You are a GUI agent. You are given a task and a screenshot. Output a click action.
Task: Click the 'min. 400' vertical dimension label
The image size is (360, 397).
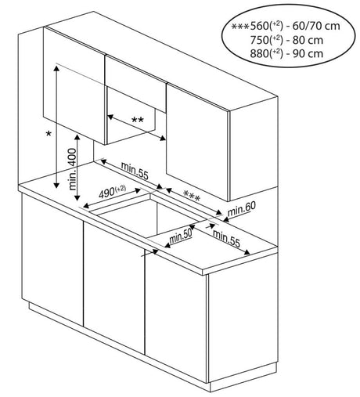click(x=73, y=169)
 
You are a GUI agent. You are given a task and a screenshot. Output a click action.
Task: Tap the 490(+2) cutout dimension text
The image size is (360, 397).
click(x=112, y=192)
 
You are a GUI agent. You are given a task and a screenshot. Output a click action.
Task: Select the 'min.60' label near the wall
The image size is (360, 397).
click(x=242, y=208)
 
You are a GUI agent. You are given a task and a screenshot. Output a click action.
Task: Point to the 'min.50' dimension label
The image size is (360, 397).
click(x=181, y=236)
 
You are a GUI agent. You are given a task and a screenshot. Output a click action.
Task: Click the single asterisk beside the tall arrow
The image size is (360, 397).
click(x=49, y=134)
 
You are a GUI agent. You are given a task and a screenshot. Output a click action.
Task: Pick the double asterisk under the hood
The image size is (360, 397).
click(x=138, y=121)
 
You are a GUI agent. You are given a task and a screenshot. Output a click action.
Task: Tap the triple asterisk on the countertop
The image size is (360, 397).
click(x=192, y=195)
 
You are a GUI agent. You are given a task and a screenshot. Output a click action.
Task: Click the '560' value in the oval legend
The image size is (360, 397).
click(x=259, y=26)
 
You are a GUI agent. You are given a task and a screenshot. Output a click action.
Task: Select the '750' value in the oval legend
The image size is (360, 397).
click(x=259, y=40)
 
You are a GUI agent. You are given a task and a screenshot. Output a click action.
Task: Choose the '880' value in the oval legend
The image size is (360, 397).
click(x=259, y=54)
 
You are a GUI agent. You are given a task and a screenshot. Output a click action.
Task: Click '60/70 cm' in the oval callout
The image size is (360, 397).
click(x=316, y=26)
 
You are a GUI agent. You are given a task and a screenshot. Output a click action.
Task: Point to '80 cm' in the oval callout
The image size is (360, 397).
click(x=308, y=40)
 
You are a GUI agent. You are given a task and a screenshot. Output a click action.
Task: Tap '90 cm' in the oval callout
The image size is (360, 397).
click(x=308, y=54)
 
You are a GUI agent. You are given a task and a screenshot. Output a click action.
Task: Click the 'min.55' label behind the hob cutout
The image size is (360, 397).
click(x=135, y=171)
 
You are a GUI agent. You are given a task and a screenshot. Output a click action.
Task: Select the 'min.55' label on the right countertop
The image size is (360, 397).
click(x=226, y=239)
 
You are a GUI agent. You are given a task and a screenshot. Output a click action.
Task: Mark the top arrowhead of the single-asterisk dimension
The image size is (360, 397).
click(x=56, y=68)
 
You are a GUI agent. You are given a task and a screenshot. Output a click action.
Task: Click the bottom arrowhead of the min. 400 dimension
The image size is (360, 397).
click(x=77, y=197)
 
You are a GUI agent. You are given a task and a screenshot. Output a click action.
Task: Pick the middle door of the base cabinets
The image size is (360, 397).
click(x=114, y=287)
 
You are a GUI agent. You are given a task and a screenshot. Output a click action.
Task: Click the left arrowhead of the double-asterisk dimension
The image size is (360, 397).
click(x=110, y=117)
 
